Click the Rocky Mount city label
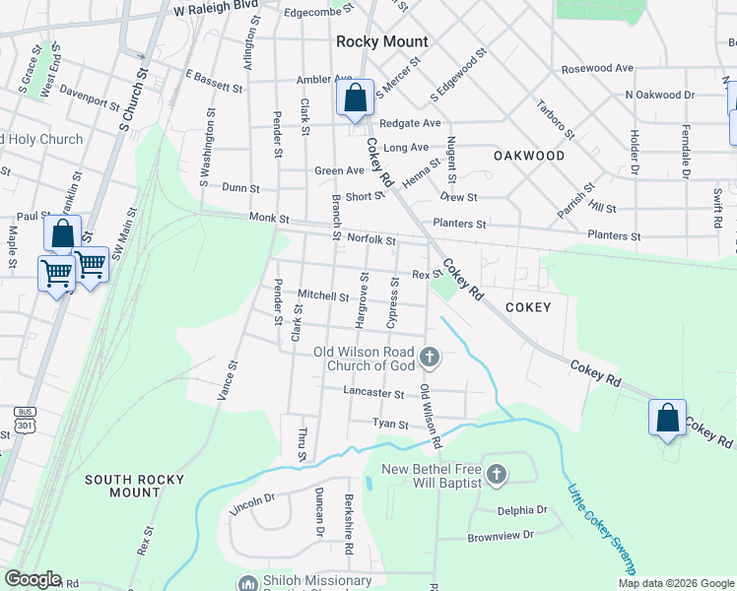382,41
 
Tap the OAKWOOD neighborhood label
529,156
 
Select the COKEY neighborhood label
528,307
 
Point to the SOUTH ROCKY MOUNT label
135,486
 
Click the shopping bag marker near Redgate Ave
355,98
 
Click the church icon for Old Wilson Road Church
429,356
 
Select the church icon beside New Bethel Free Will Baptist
497,475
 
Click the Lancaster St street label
373,393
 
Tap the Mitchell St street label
323,295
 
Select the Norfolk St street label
370,239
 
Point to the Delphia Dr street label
521,510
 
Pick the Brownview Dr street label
500,535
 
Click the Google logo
32,579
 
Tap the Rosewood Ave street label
597,69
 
